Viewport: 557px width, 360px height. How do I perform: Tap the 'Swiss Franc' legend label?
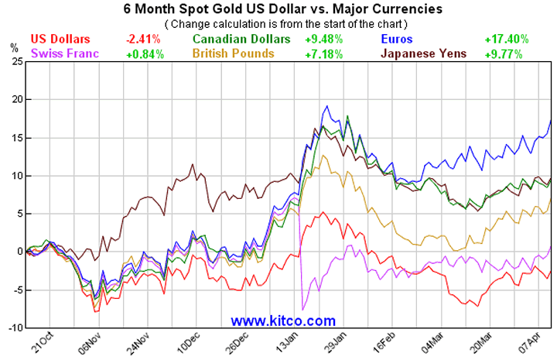(x=64, y=54)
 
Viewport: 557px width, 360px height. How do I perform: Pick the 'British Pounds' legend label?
(x=233, y=54)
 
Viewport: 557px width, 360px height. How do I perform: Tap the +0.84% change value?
(x=142, y=54)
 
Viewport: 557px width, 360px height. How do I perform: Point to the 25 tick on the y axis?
(x=15, y=61)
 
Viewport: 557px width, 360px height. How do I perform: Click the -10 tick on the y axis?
(x=13, y=327)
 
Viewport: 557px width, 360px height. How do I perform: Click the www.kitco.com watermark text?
(x=283, y=320)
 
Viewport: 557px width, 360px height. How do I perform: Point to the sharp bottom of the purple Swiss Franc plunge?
(x=302, y=310)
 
